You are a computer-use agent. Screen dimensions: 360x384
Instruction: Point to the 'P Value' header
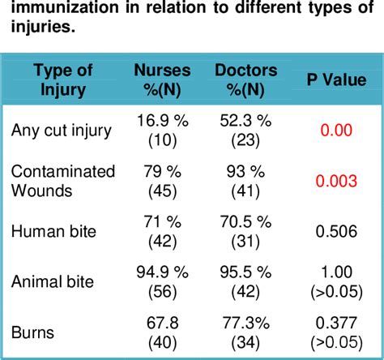(335, 80)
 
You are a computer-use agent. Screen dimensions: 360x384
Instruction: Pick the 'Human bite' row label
(53, 232)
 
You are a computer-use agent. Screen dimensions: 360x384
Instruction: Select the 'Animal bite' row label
(53, 282)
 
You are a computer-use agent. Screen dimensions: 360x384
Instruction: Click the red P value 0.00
(335, 130)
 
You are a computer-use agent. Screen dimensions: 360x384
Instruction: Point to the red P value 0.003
(335, 181)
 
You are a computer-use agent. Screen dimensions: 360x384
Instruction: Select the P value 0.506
(335, 232)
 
